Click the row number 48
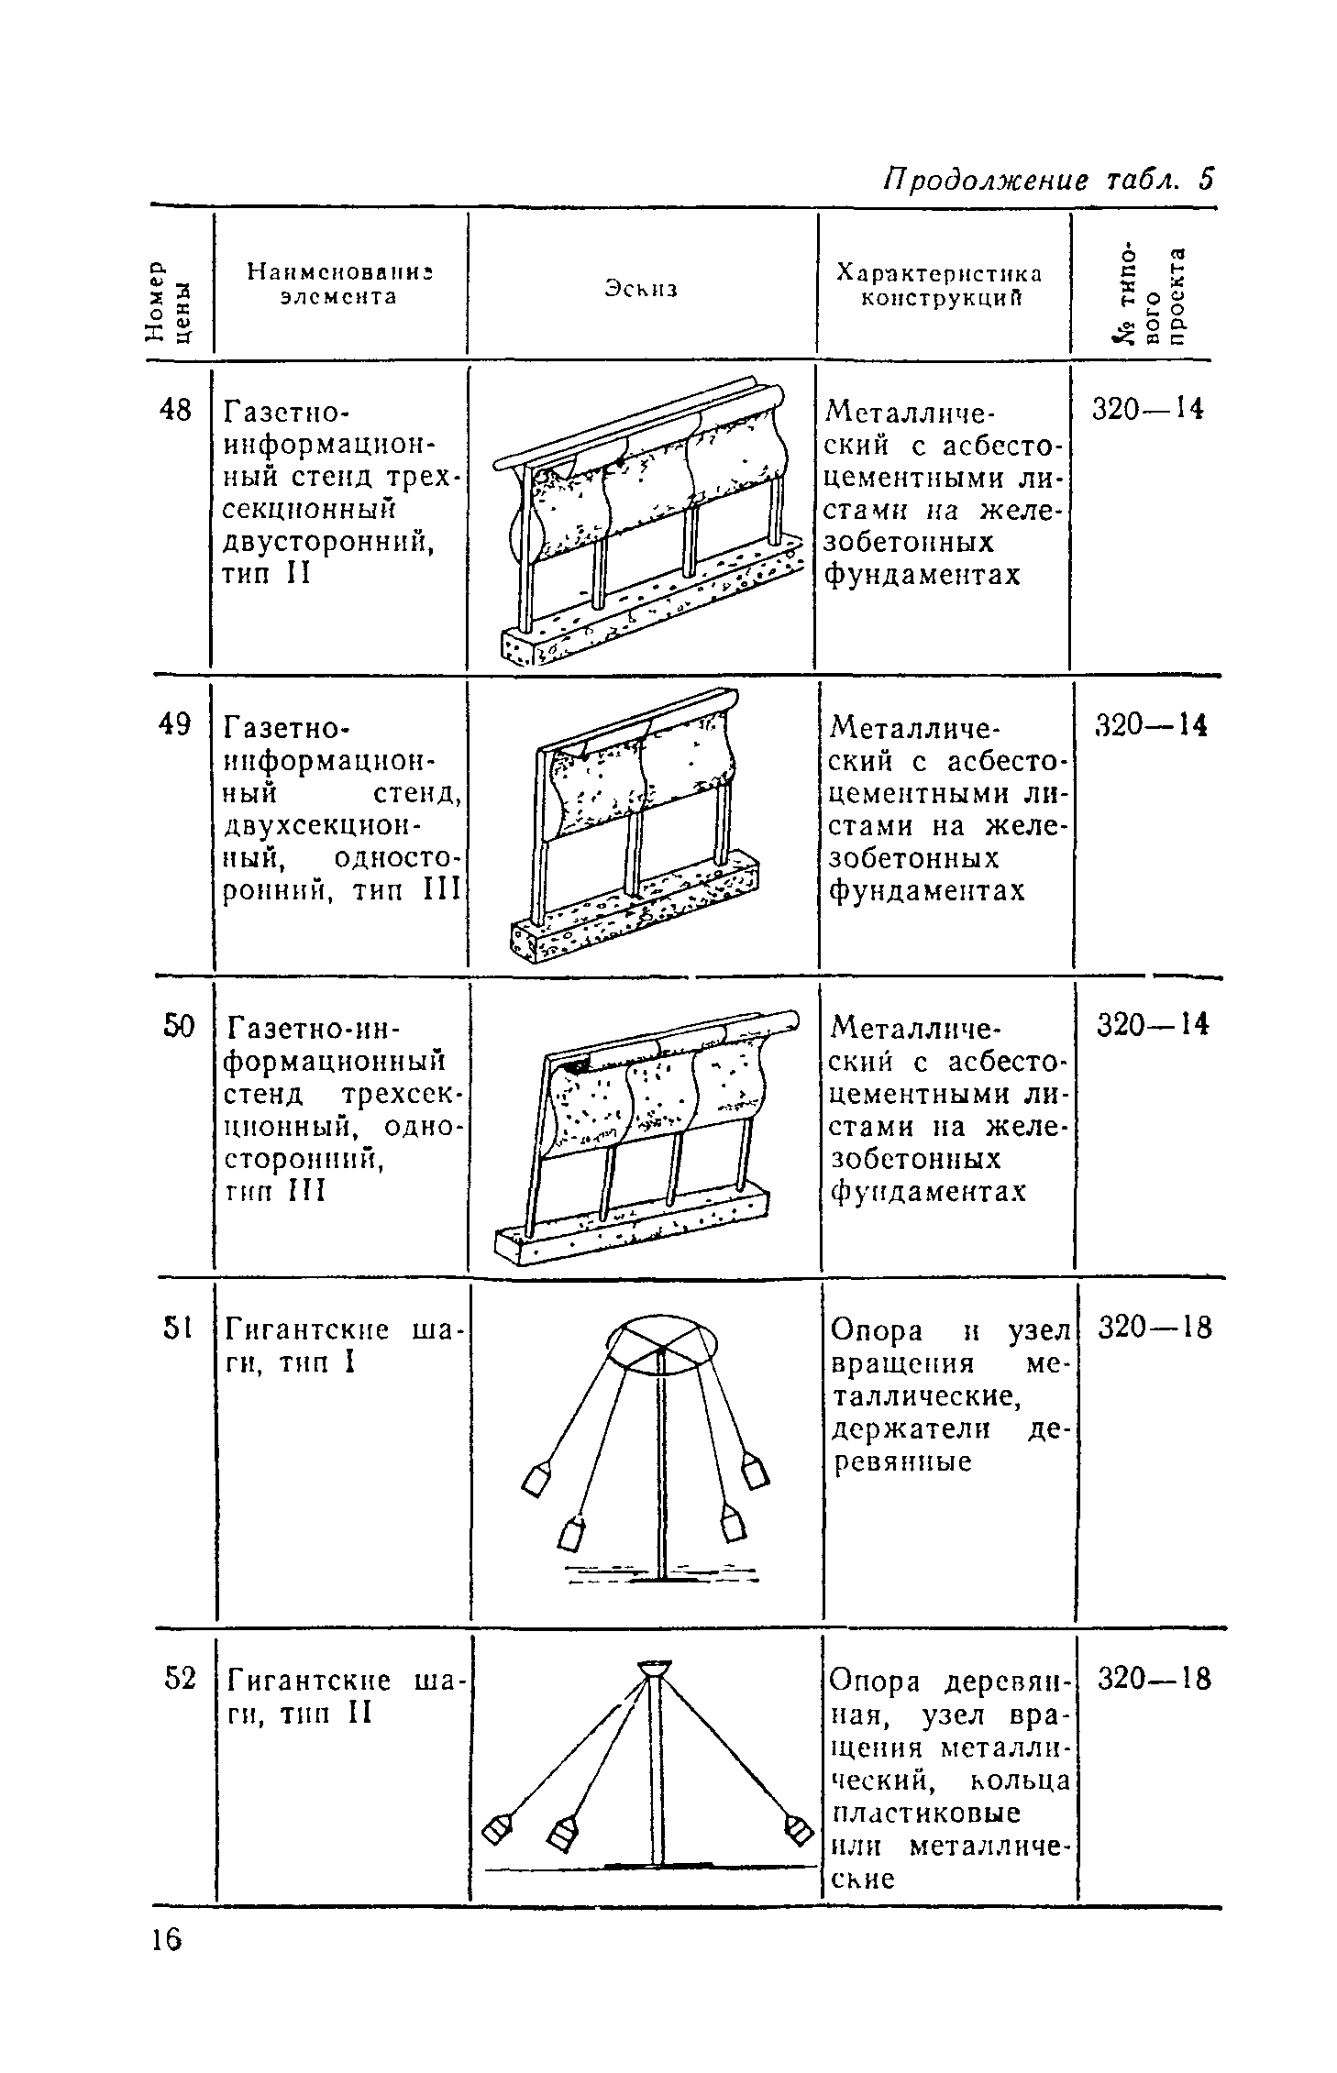(175, 410)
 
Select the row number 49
(175, 724)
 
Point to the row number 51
(177, 1328)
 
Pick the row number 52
(180, 1680)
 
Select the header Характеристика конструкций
(939, 285)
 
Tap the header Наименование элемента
(339, 283)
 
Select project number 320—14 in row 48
(1147, 409)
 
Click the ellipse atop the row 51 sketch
(659, 1344)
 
